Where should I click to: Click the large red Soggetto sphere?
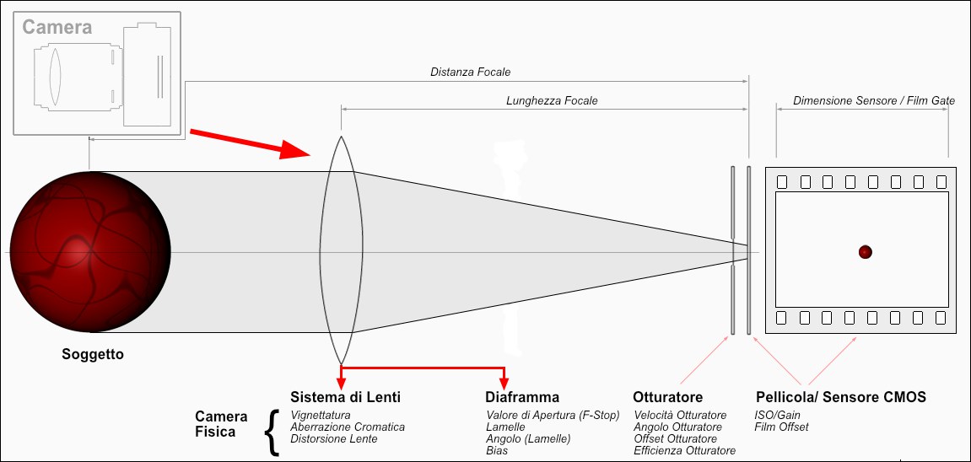89,252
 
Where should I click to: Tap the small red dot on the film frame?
865,252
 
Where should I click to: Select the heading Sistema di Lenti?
346,397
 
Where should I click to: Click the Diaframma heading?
522,397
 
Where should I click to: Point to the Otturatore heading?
667,397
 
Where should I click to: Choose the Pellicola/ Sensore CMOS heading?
841,397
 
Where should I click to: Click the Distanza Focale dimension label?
471,72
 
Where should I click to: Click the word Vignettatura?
321,415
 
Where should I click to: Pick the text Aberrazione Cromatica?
348,427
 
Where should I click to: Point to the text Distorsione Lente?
334,438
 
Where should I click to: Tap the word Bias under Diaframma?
497,451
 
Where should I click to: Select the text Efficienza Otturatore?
685,451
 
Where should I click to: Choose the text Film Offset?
781,427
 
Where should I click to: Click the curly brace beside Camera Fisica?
272,432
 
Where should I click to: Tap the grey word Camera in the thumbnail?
57,27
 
